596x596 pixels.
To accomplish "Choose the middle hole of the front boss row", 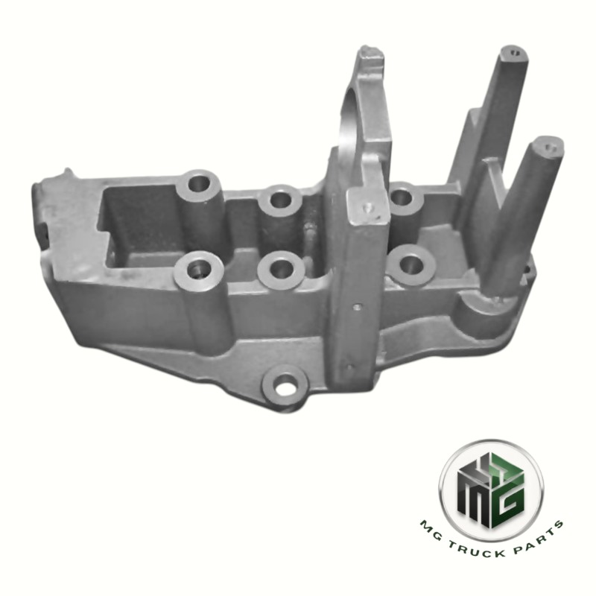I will (282, 266).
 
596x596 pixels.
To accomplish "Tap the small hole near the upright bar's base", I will (348, 367).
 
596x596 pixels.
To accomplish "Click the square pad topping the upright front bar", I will (366, 206).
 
